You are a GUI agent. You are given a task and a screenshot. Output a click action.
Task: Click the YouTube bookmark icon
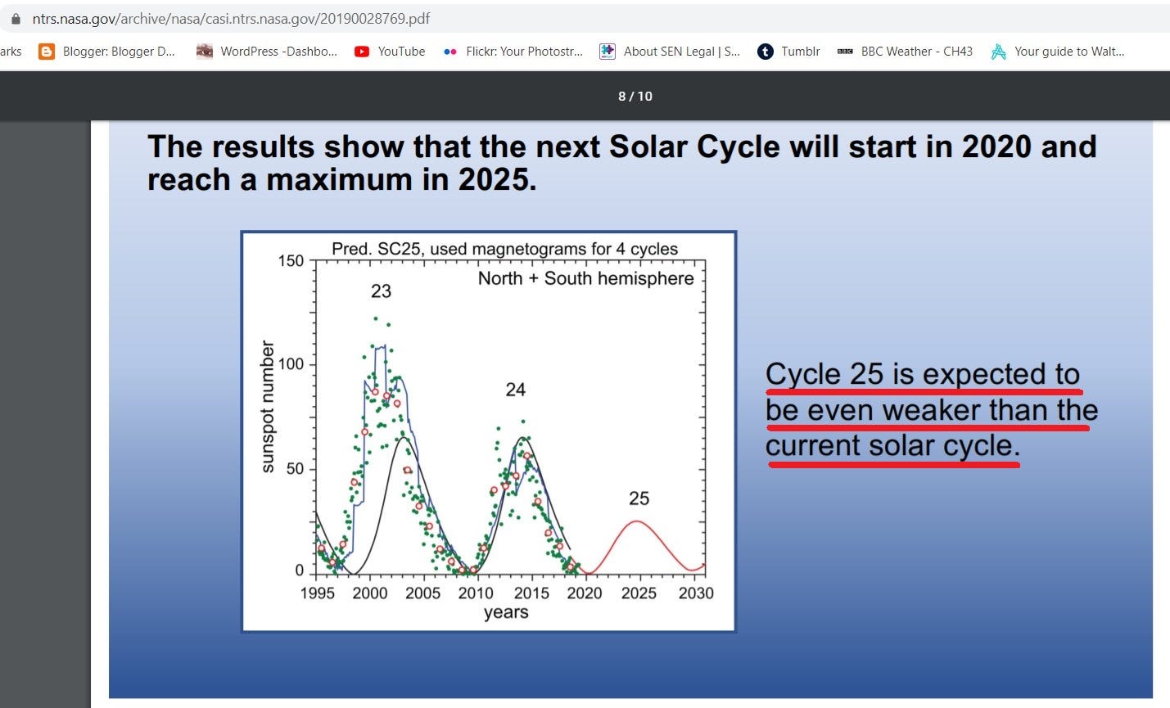pos(361,52)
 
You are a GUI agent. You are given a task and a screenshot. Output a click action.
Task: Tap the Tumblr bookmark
pos(788,52)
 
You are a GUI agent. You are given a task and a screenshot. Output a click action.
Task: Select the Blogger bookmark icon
pos(47,52)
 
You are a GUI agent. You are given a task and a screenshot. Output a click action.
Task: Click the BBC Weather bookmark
pos(905,52)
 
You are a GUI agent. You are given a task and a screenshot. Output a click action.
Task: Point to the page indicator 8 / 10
pos(635,96)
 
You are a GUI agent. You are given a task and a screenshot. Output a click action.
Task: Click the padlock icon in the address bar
pos(16,19)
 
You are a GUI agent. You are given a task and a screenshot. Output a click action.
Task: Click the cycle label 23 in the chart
pos(381,291)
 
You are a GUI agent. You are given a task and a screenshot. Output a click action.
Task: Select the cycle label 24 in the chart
pos(516,390)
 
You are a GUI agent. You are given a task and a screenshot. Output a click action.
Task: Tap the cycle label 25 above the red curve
pos(639,498)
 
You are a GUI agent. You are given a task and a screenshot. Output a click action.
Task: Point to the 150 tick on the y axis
pos(291,260)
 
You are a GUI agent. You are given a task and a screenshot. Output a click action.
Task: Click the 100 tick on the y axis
pos(291,364)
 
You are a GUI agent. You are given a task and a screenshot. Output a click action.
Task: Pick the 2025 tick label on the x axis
pos(639,593)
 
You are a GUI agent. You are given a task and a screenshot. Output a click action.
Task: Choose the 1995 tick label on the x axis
pos(318,593)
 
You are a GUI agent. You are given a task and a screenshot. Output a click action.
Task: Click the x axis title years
pos(506,612)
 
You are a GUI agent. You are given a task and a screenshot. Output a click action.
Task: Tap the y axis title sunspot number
pos(267,407)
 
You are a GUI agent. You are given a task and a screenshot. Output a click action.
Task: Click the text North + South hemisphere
pos(585,278)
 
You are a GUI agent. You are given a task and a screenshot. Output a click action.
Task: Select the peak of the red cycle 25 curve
pos(637,521)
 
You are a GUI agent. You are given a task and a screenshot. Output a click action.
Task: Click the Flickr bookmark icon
pos(450,52)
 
